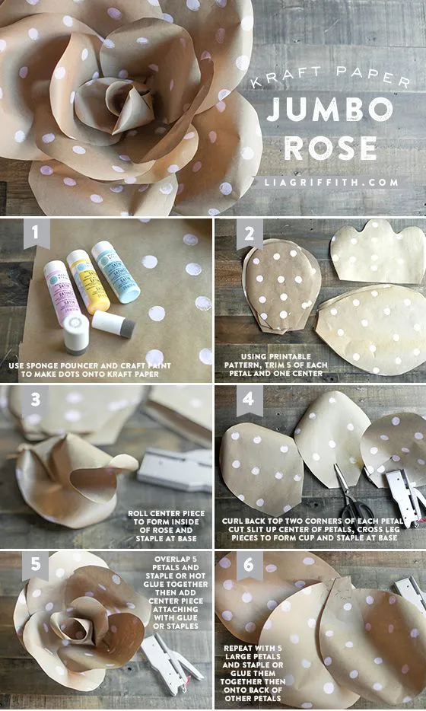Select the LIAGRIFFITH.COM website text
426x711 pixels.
[332, 182]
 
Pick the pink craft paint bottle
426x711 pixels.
[56, 290]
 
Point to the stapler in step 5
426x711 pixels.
[174, 663]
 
